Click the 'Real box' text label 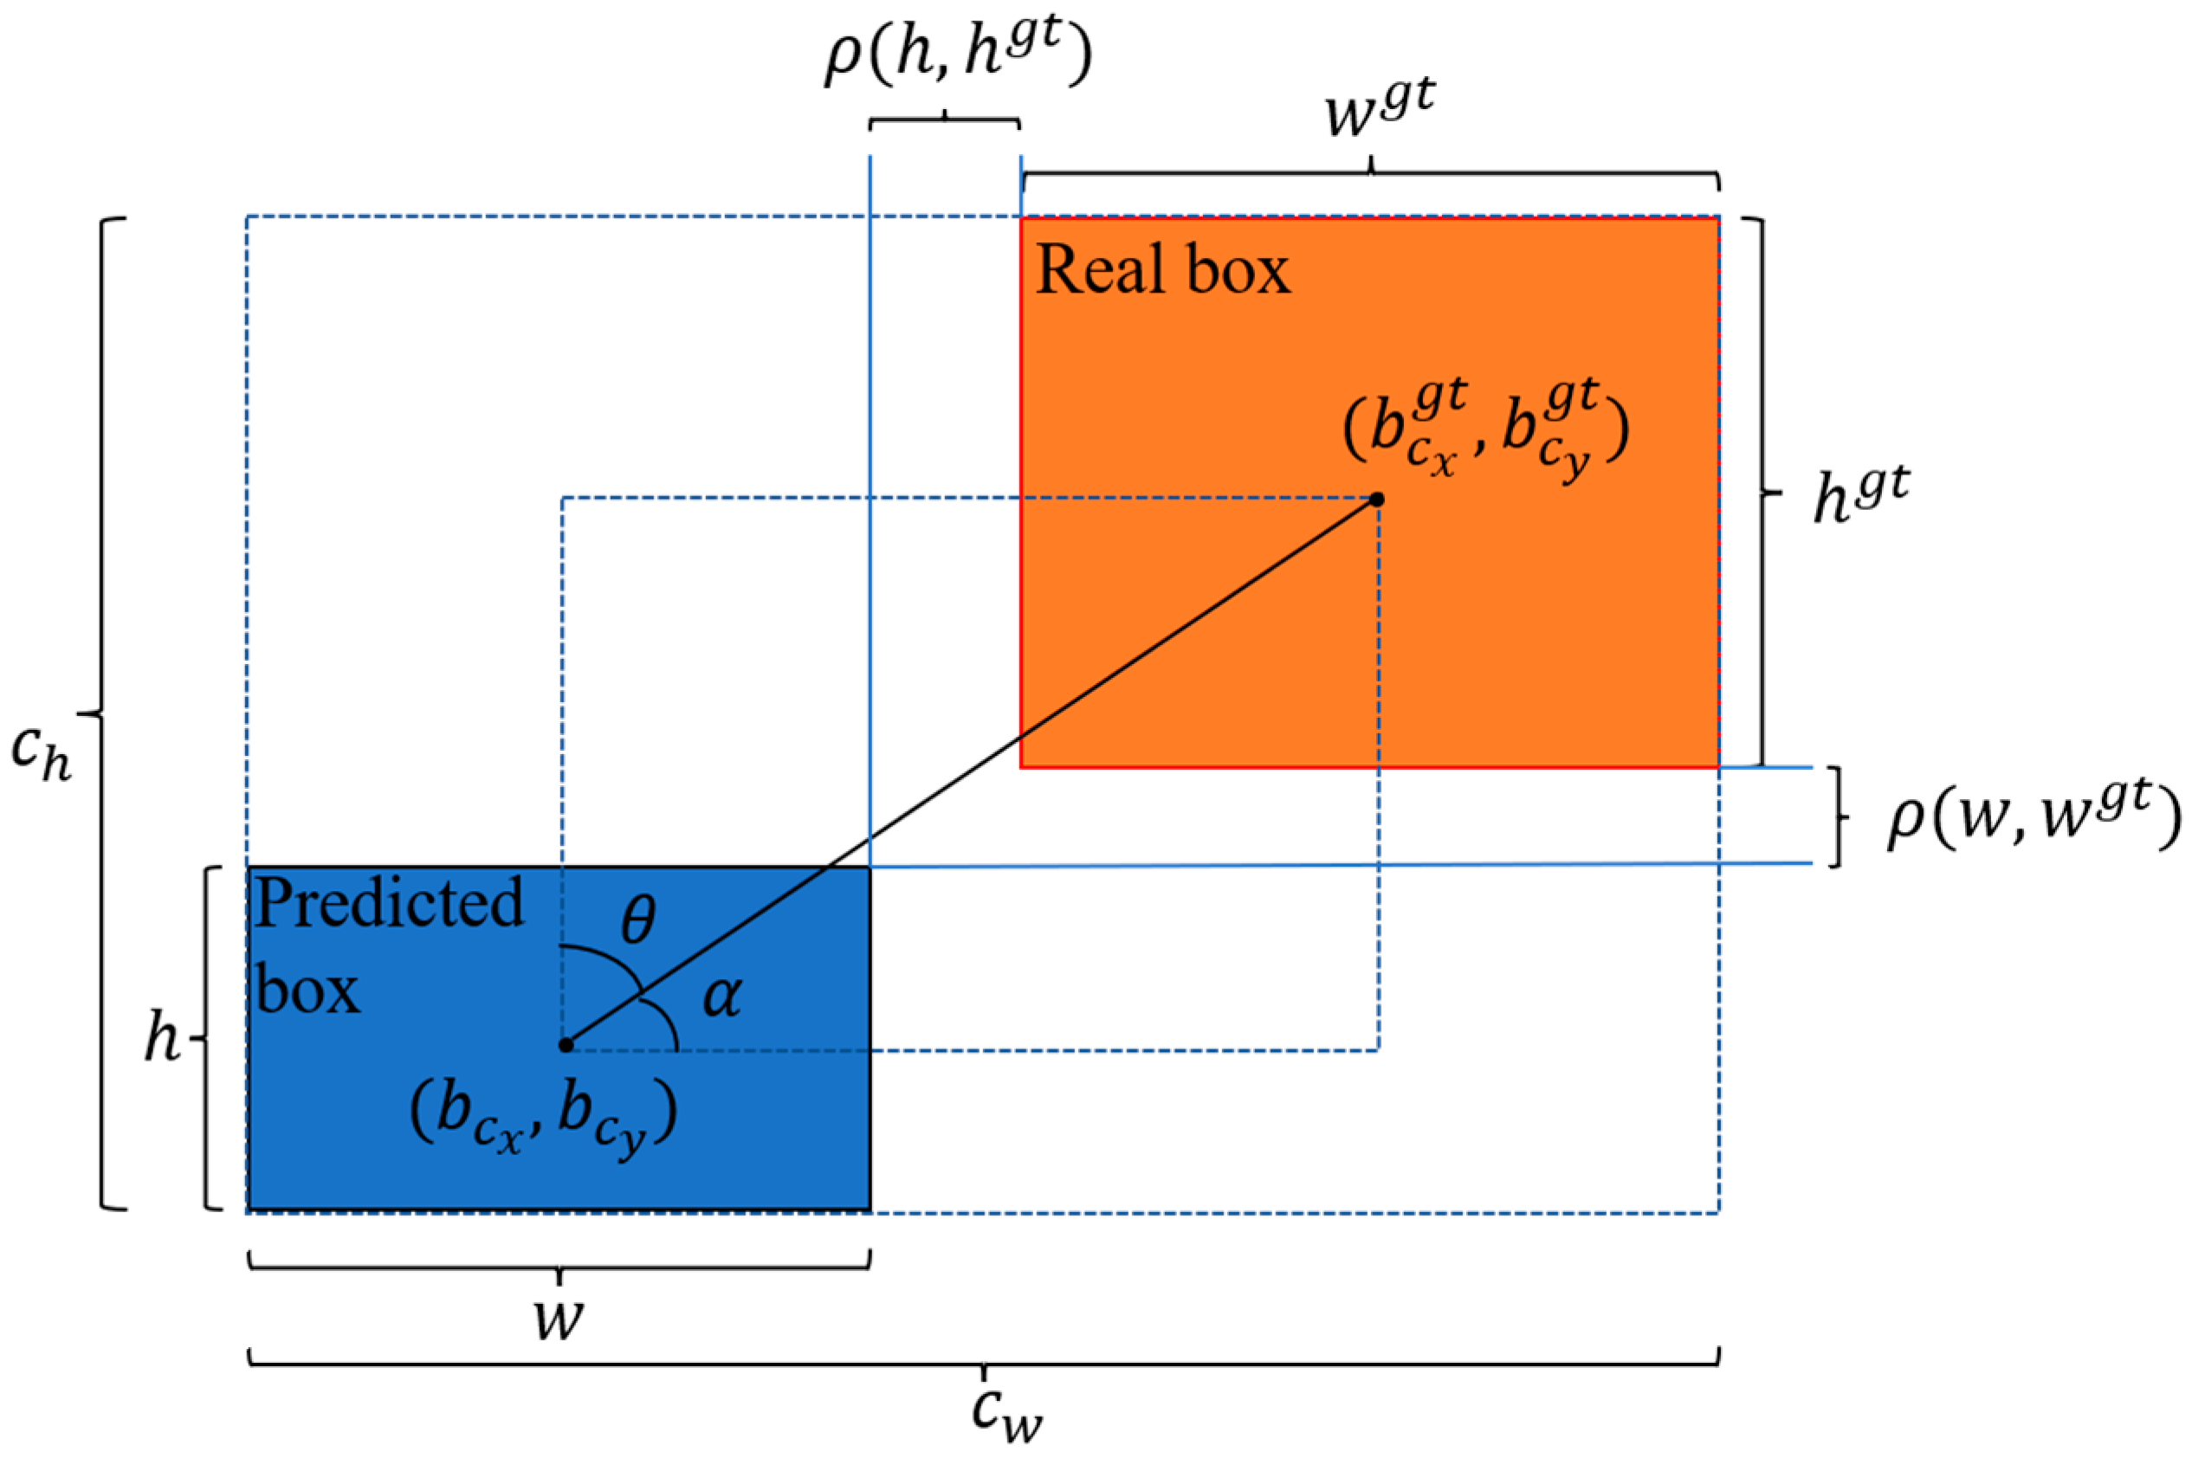tap(1162, 271)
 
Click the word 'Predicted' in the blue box tap(390, 904)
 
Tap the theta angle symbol tap(638, 921)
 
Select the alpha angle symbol tap(721, 997)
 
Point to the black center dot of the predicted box tap(566, 1045)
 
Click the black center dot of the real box tap(1377, 500)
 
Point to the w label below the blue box tap(559, 1318)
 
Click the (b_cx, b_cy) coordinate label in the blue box tap(543, 1114)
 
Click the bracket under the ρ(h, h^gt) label tap(945, 122)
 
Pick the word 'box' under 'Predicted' tap(307, 990)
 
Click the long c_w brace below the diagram tap(983, 1363)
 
